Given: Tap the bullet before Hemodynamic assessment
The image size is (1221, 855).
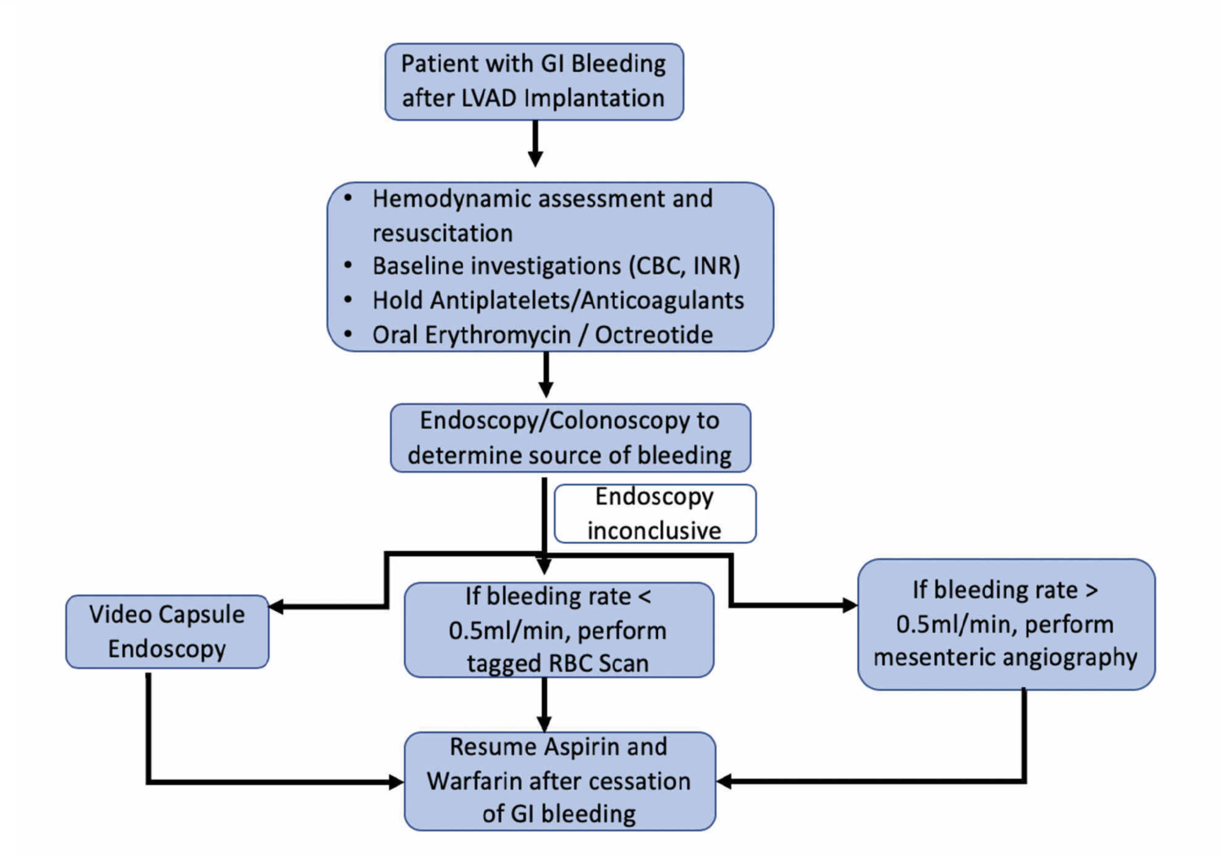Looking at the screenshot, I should click(x=348, y=198).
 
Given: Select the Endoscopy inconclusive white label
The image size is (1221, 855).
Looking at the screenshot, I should click(x=654, y=513).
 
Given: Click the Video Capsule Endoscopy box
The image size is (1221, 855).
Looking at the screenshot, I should click(x=167, y=631).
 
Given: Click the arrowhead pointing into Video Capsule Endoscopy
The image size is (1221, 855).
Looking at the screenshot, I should click(x=277, y=607).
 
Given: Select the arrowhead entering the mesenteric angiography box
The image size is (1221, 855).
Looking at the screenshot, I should click(x=849, y=605).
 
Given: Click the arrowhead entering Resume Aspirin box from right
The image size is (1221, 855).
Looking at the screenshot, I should click(x=724, y=781).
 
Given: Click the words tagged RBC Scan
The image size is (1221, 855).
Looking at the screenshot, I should click(x=557, y=663).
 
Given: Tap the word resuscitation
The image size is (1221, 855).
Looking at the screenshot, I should click(x=442, y=233).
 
